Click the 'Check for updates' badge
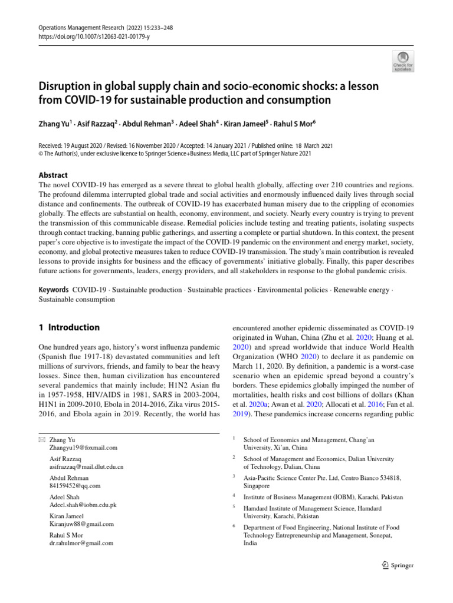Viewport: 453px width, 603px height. tap(402, 60)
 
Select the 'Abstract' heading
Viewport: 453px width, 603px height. tap(52, 175)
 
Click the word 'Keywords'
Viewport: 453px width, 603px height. tap(53, 290)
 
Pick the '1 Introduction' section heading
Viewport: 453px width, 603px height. tap(69, 328)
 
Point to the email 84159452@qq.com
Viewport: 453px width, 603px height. tap(75, 486)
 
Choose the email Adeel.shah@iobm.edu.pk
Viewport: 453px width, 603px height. tap(83, 505)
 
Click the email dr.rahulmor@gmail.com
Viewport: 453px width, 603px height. tap(81, 543)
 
